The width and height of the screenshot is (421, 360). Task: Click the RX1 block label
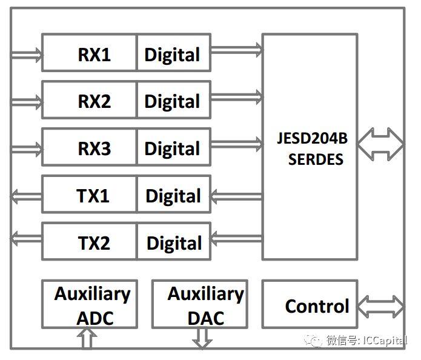click(x=94, y=55)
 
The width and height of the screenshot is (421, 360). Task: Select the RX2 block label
click(x=94, y=101)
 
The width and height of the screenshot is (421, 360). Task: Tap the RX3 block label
click(x=94, y=148)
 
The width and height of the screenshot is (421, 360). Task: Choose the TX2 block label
click(x=94, y=243)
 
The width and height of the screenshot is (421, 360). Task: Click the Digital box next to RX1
click(x=173, y=55)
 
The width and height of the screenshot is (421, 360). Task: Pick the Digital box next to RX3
click(x=173, y=148)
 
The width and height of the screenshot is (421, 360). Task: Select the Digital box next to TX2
click(x=174, y=243)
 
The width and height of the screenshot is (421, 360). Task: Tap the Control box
click(x=310, y=305)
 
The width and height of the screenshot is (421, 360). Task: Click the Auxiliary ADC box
click(x=90, y=305)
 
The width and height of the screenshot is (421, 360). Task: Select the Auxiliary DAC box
click(x=199, y=305)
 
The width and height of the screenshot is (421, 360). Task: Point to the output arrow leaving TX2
click(x=27, y=238)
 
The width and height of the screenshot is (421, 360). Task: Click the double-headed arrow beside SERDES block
click(x=380, y=144)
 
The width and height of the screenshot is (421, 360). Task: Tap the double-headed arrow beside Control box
click(x=380, y=305)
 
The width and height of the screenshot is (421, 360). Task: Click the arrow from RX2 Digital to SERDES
click(x=236, y=96)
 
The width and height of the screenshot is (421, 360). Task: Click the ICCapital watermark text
click(x=366, y=341)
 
